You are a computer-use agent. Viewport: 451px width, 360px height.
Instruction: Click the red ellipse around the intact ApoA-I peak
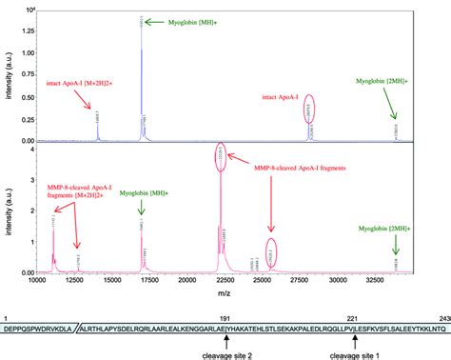309,114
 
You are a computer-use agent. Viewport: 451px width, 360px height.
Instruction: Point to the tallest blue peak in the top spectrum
142,76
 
